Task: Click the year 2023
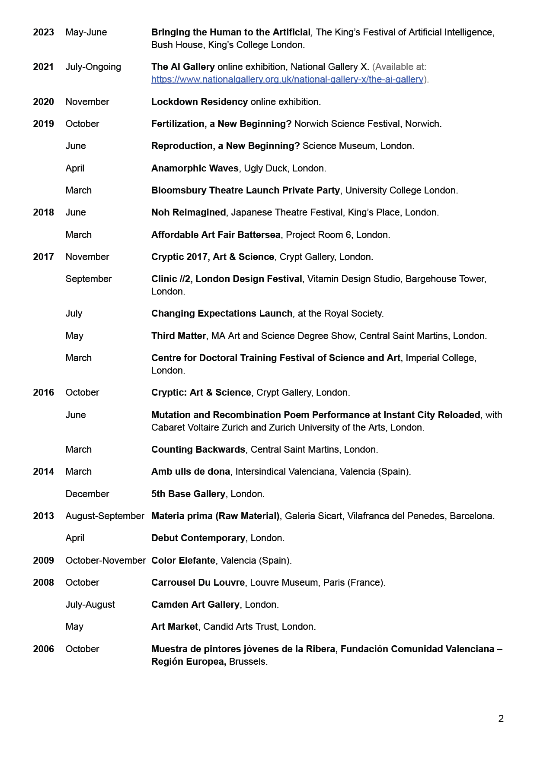coord(43,32)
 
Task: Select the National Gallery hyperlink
coord(287,79)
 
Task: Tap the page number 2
coord(501,719)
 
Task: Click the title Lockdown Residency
coord(199,102)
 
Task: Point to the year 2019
coord(43,124)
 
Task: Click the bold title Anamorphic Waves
coord(195,168)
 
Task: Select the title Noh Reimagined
coord(189,212)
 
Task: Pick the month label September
coord(89,279)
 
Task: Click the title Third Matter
coord(178,336)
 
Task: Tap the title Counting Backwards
coord(198,450)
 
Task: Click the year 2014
coord(43,472)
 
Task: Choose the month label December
coord(87,494)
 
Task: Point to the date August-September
coord(105,516)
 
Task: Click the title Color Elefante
coord(183,561)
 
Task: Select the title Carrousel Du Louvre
coord(198,583)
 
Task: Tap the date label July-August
coord(90,605)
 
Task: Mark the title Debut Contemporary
coord(198,538)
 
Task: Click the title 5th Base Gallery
coord(188,494)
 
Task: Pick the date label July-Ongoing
coord(93,67)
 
